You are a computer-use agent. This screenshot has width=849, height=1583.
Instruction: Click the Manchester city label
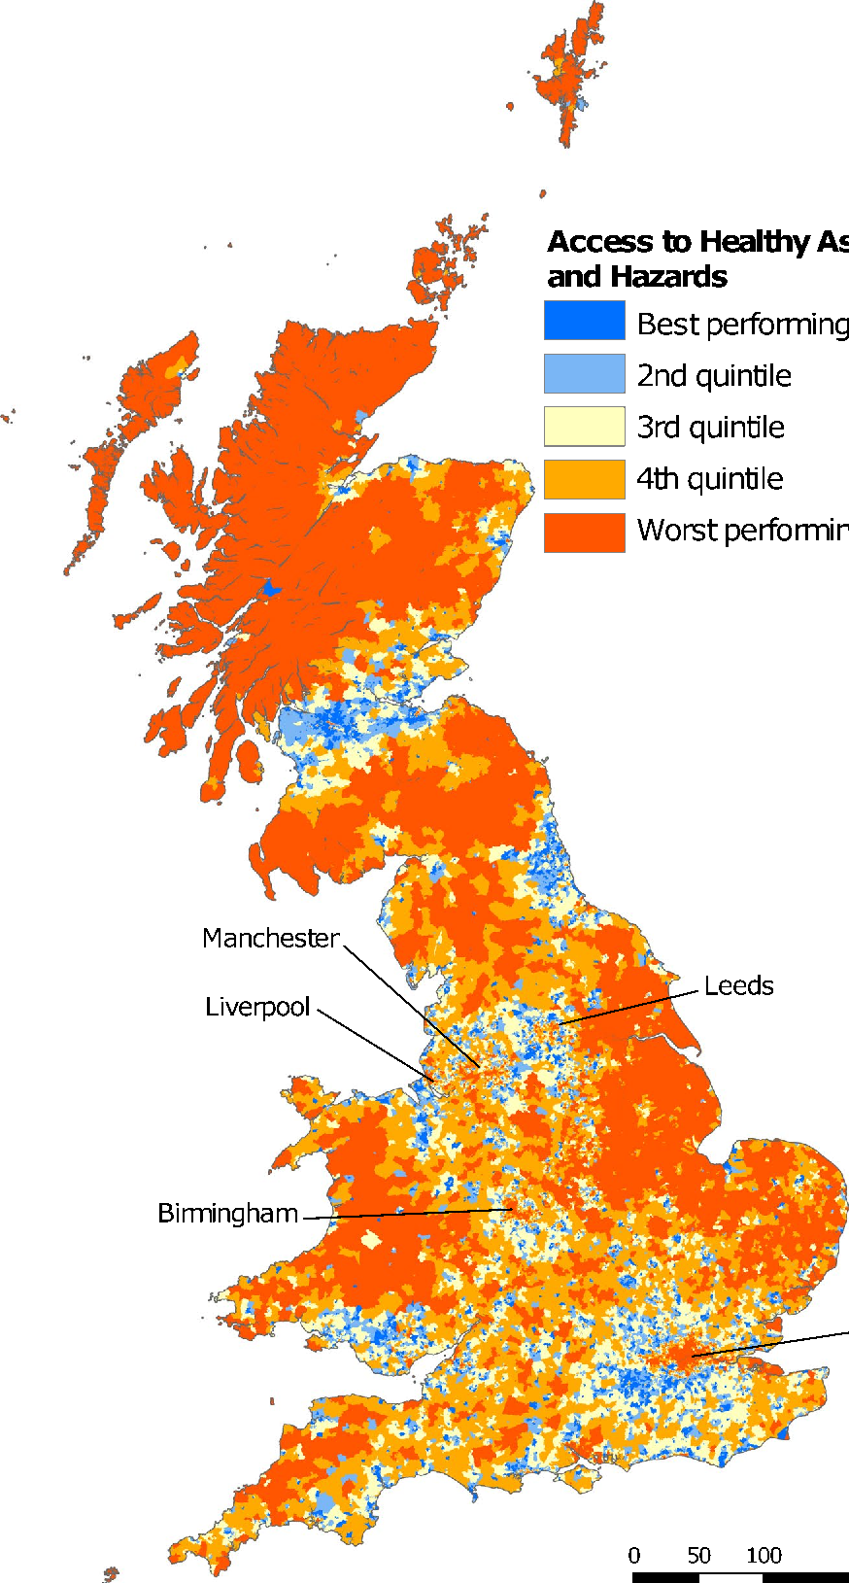(270, 939)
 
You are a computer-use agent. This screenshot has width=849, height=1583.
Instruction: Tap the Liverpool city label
(257, 1007)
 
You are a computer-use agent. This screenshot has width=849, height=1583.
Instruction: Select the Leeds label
(738, 986)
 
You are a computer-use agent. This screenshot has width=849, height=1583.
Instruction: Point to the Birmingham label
(227, 1213)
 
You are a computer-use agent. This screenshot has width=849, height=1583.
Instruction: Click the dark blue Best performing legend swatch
(584, 321)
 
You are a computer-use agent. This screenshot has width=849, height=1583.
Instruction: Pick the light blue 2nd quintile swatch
(584, 373)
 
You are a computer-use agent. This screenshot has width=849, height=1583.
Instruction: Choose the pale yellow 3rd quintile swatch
(584, 426)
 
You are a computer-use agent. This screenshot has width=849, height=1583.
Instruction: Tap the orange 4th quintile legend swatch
(584, 478)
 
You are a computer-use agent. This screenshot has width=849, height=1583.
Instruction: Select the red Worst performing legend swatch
(584, 532)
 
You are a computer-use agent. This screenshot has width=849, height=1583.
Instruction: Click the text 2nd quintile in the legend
(714, 376)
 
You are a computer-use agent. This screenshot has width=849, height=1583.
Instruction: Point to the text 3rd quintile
(710, 428)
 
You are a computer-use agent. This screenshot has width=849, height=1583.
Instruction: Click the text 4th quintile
(709, 479)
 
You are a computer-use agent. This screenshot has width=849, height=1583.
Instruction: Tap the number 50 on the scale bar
(698, 1555)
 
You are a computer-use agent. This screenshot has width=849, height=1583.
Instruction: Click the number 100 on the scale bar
(764, 1555)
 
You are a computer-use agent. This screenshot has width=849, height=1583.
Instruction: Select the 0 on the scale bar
(634, 1555)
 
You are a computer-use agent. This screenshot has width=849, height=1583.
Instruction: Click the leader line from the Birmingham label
(408, 1214)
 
